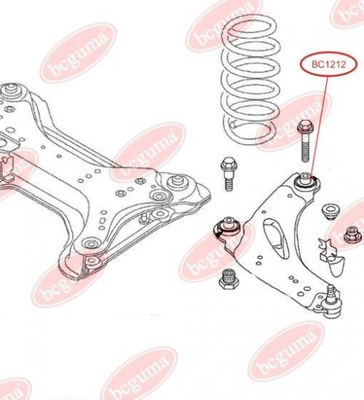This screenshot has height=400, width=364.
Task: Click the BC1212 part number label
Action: (x=329, y=65)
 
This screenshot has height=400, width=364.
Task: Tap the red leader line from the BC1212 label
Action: (x=320, y=127)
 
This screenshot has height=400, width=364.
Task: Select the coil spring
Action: (x=250, y=80)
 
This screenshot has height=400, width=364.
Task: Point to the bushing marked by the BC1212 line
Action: (x=306, y=180)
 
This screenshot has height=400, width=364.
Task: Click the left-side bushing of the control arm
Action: (x=228, y=228)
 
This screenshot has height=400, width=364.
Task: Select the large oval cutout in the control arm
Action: (x=277, y=239)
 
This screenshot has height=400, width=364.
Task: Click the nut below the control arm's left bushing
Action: (x=229, y=279)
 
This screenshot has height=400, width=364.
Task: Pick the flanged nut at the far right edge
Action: (x=353, y=235)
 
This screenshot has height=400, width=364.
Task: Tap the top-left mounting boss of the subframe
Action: (x=11, y=91)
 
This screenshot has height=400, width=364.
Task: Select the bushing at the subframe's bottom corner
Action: (x=92, y=262)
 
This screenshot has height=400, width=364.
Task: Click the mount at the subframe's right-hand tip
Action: (x=177, y=180)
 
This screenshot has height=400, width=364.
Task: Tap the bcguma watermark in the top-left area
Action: (x=78, y=52)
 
